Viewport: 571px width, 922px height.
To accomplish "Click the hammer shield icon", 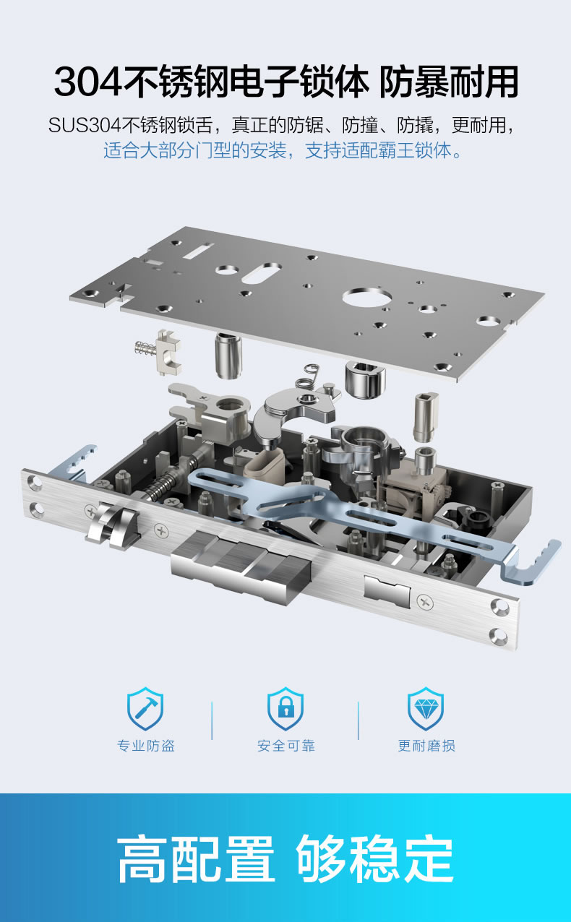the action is [145, 708].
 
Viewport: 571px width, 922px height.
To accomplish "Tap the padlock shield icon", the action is [285, 708].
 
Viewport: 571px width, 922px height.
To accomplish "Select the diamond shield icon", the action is [426, 708].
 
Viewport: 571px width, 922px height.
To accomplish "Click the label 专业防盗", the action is [146, 746].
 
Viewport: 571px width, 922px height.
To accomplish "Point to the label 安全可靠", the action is [286, 746].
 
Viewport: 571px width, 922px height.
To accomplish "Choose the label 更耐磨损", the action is [426, 746].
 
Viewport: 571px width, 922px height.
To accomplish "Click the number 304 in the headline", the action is [87, 82].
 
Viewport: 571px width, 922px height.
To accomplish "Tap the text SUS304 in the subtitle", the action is [85, 125].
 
